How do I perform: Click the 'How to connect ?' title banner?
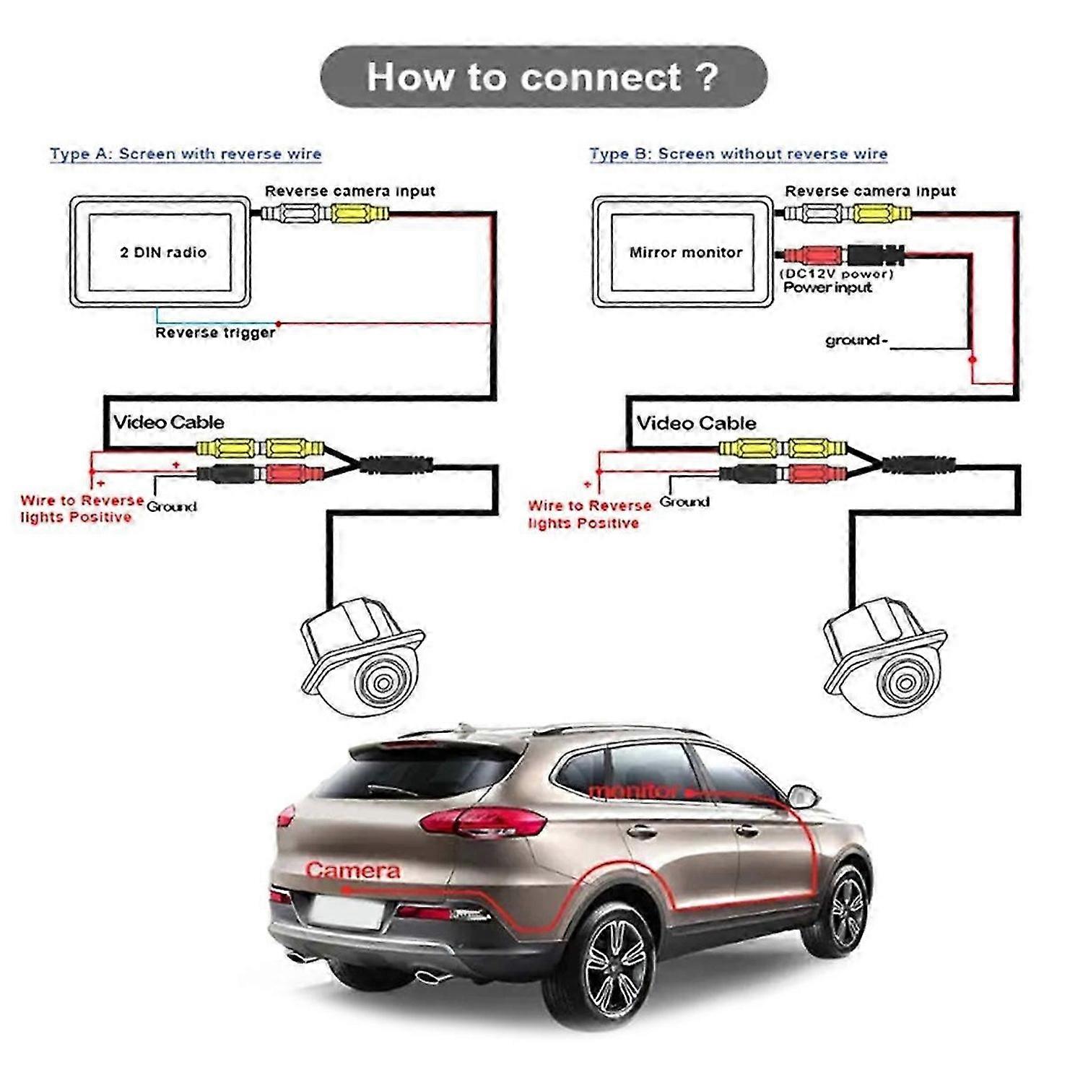point(543,77)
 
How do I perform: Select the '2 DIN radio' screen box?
point(160,252)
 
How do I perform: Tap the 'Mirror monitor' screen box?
point(683,252)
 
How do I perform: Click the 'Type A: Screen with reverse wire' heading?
point(185,154)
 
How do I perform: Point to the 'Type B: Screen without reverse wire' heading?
point(738,154)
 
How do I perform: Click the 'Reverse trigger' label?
point(215,333)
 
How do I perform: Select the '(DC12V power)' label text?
point(837,274)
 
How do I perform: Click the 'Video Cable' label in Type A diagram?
point(168,422)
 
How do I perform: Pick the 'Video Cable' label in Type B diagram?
point(696,423)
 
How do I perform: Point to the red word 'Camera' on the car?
point(352,871)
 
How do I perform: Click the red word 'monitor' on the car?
point(634,791)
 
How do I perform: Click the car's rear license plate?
point(346,911)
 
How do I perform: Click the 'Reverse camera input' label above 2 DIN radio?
point(349,191)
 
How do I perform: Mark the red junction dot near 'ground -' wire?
point(973,359)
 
